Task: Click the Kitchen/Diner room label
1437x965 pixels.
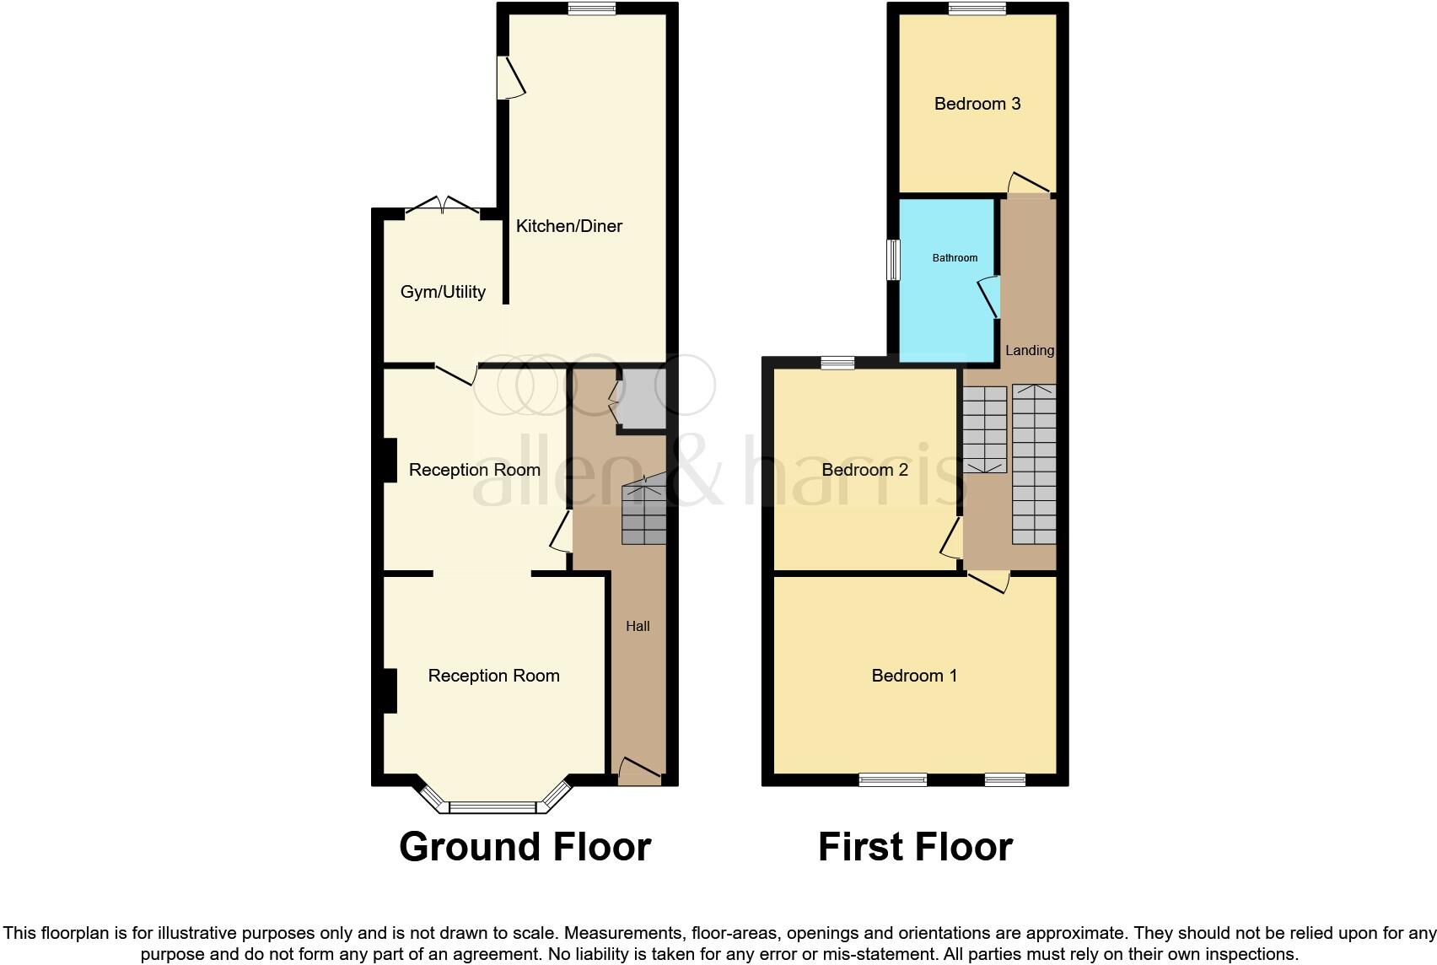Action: click(569, 226)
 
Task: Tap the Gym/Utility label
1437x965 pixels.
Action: click(443, 292)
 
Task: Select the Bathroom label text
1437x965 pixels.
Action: click(955, 258)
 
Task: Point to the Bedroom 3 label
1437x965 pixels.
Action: click(977, 104)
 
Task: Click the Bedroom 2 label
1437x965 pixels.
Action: click(864, 470)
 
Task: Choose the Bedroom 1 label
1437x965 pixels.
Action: click(914, 676)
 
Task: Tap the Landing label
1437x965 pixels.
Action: click(1030, 350)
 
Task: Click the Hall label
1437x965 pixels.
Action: click(638, 626)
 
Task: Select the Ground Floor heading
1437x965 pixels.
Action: click(525, 847)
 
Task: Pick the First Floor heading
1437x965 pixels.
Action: click(915, 847)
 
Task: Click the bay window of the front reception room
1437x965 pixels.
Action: click(492, 807)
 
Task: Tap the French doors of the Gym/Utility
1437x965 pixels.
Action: click(443, 206)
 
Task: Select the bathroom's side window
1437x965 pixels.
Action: click(892, 260)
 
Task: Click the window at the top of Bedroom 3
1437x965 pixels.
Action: click(977, 8)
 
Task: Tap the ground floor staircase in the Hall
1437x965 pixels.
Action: click(644, 513)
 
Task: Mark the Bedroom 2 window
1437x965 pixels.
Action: click(837, 363)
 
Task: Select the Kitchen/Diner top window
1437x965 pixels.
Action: click(591, 8)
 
